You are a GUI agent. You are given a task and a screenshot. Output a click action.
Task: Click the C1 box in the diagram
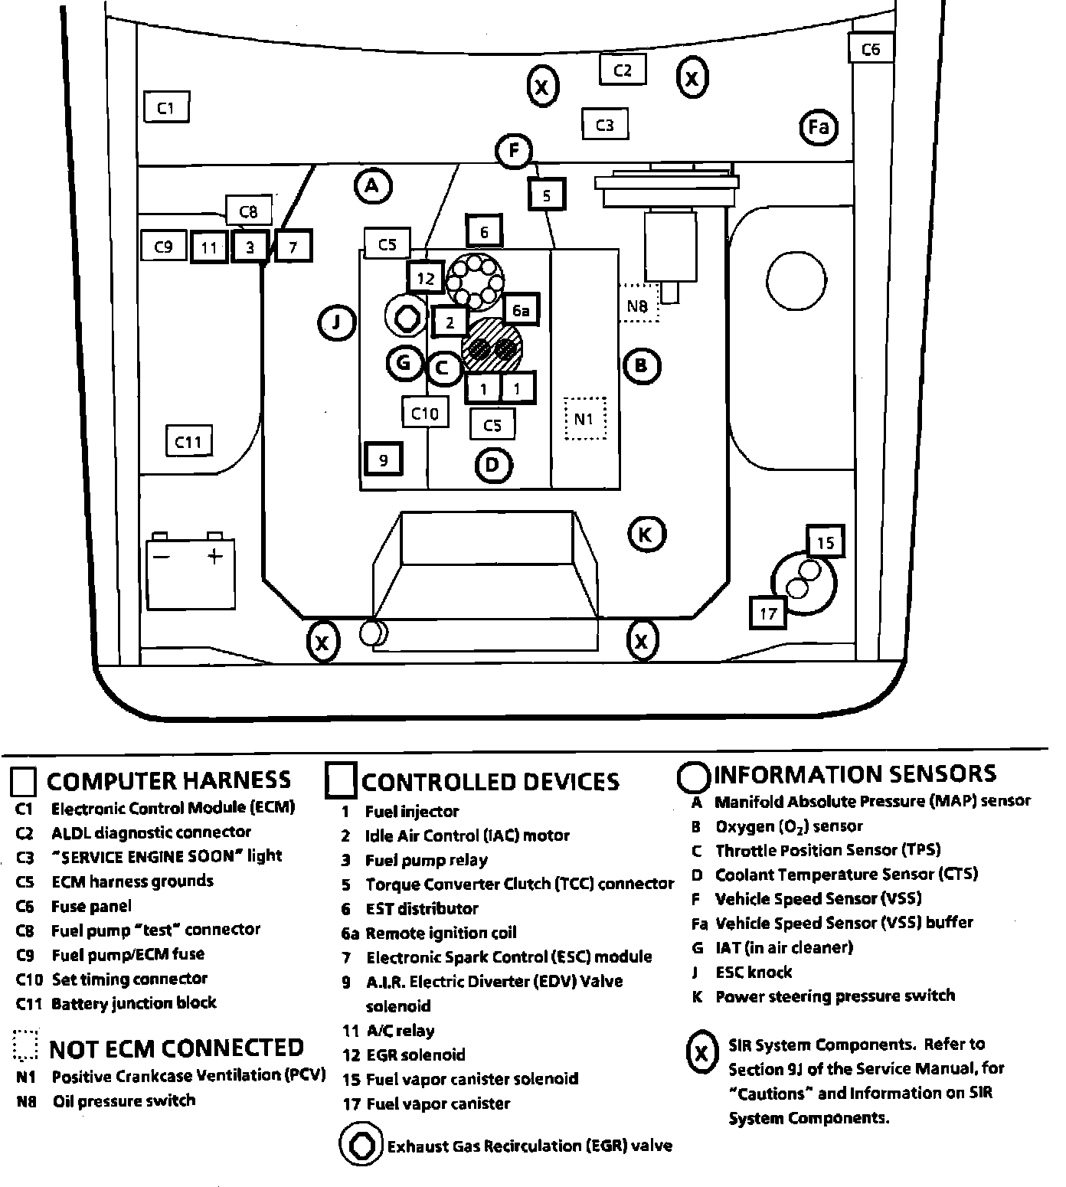[x=166, y=107]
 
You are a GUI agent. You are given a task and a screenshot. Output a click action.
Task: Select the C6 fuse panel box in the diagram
[x=871, y=49]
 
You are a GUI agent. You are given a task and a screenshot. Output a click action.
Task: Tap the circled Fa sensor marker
[x=818, y=126]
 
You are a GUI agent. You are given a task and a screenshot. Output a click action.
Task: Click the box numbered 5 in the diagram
[x=546, y=195]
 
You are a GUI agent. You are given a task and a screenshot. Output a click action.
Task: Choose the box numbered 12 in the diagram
[x=426, y=278]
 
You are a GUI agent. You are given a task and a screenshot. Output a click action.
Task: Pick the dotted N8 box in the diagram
[x=638, y=306]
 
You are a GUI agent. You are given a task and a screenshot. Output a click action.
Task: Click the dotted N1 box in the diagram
[x=584, y=419]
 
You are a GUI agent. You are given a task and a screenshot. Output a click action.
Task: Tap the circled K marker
[x=646, y=534]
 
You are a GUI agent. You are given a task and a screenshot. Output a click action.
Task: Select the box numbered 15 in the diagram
[x=825, y=542]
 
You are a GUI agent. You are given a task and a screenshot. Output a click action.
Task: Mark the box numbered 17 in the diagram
[x=768, y=613]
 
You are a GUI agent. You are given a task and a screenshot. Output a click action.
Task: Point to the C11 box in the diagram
[x=188, y=442]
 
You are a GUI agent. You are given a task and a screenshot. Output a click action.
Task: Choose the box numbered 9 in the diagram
[x=383, y=459]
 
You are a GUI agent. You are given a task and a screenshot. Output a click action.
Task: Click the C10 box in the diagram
[x=425, y=414]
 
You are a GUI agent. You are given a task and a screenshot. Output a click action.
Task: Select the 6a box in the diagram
[x=521, y=310]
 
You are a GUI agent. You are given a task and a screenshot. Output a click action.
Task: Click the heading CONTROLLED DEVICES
[x=490, y=782]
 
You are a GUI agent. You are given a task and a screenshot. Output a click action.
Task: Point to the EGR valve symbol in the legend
[x=360, y=1146]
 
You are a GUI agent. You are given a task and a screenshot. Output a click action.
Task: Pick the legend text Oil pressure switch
[x=124, y=1100]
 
